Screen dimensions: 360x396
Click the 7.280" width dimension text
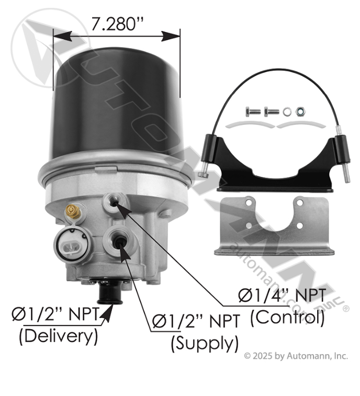click(x=117, y=24)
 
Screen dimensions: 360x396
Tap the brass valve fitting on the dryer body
click(x=73, y=211)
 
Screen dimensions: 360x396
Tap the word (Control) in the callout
click(x=287, y=318)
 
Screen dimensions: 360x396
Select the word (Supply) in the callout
click(x=205, y=344)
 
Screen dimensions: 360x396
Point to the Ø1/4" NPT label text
click(x=282, y=296)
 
